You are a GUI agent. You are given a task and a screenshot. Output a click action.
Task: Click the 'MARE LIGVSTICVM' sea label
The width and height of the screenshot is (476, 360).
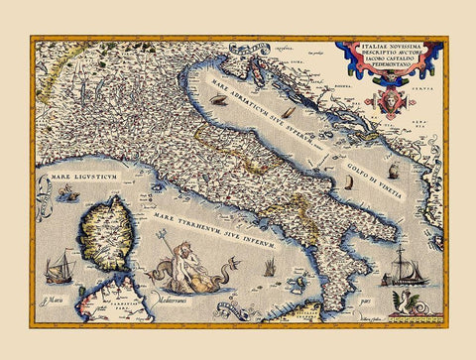pos(77,180)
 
